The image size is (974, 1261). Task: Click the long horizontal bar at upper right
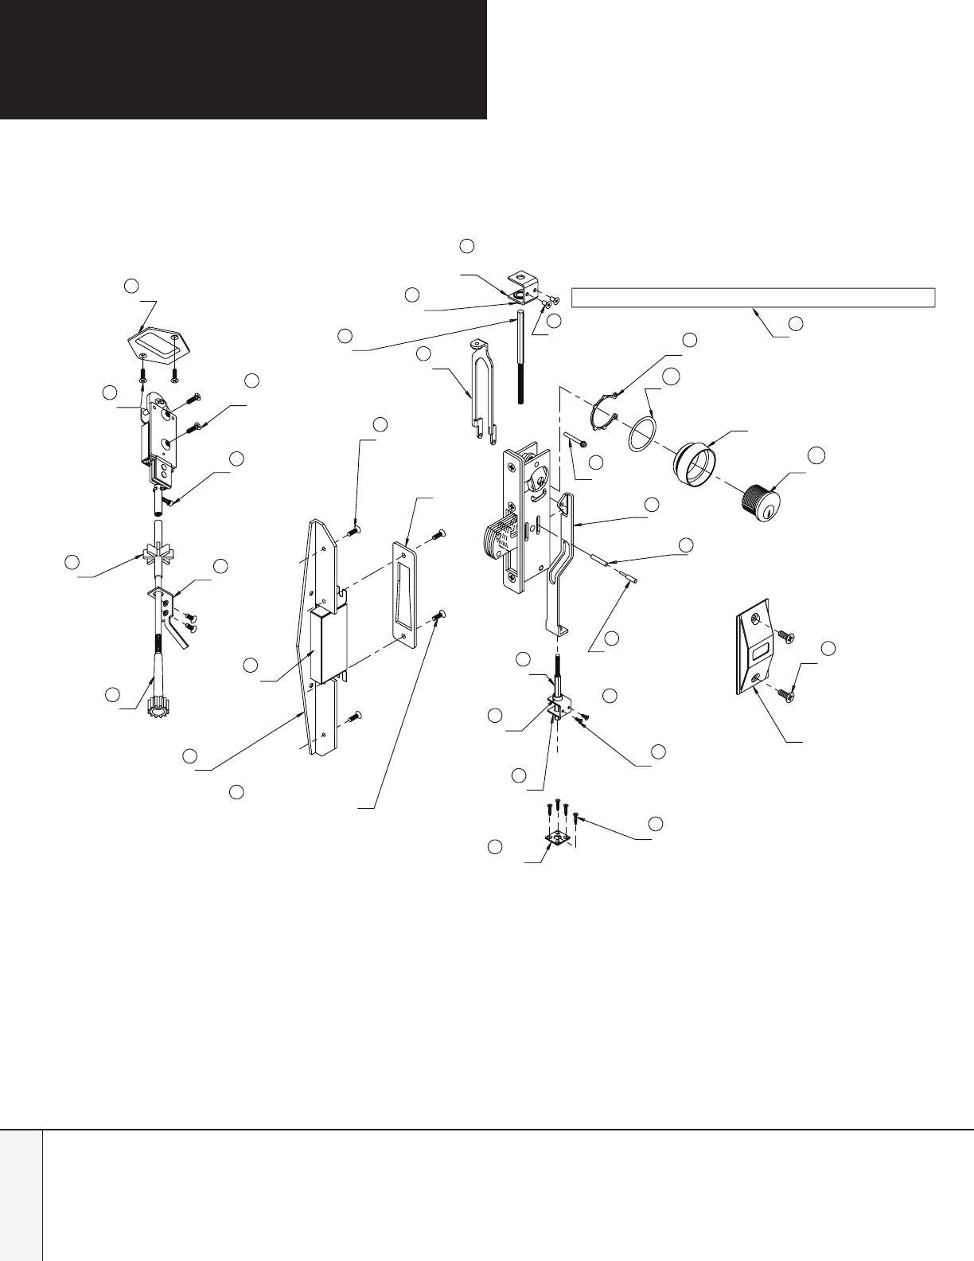(752, 298)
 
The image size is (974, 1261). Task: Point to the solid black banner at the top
(243, 59)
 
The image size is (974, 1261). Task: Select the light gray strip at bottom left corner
(21, 1194)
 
